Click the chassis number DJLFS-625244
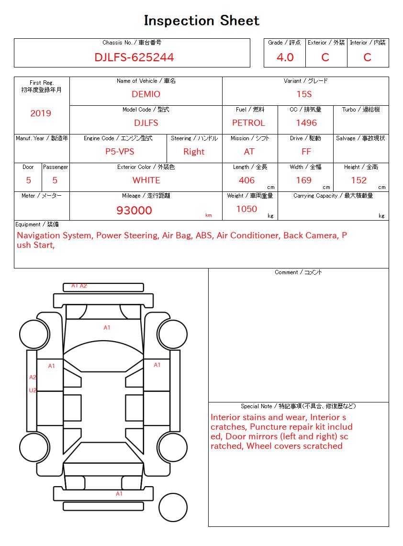(x=134, y=57)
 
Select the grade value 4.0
(x=285, y=57)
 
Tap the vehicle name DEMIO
(x=146, y=94)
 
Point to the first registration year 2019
(x=41, y=113)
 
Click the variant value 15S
(x=305, y=94)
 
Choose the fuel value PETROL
(x=248, y=123)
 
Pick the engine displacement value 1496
(x=306, y=123)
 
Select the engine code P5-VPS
(x=120, y=152)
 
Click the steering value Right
(x=194, y=152)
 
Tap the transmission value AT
(x=249, y=152)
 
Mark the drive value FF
(x=306, y=152)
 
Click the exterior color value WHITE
(x=146, y=180)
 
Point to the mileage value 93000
(x=134, y=211)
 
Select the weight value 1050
(x=246, y=209)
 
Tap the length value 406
(x=247, y=180)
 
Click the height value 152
(x=358, y=180)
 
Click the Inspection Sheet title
(x=201, y=21)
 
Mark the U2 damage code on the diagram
(x=33, y=390)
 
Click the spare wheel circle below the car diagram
(x=173, y=507)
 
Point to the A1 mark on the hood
(x=107, y=328)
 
